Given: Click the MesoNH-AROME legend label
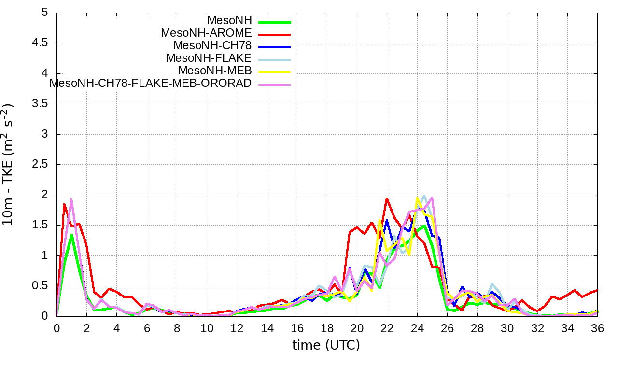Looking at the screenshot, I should click(x=206, y=33).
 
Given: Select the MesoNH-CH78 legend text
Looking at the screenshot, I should click(x=212, y=46).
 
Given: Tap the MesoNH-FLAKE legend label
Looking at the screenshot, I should click(x=209, y=58).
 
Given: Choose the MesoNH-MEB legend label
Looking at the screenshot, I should click(x=215, y=71).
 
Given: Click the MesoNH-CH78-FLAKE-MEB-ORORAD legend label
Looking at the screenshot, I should click(x=151, y=83).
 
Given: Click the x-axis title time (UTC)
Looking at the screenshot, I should click(x=326, y=345).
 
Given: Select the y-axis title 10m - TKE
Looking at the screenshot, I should click(x=9, y=164).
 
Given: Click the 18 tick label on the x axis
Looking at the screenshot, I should click(x=327, y=328).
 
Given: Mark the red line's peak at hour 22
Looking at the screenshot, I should click(x=387, y=198).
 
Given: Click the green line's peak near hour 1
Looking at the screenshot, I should click(x=71, y=235).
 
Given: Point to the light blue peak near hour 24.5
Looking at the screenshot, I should click(x=424, y=196).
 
